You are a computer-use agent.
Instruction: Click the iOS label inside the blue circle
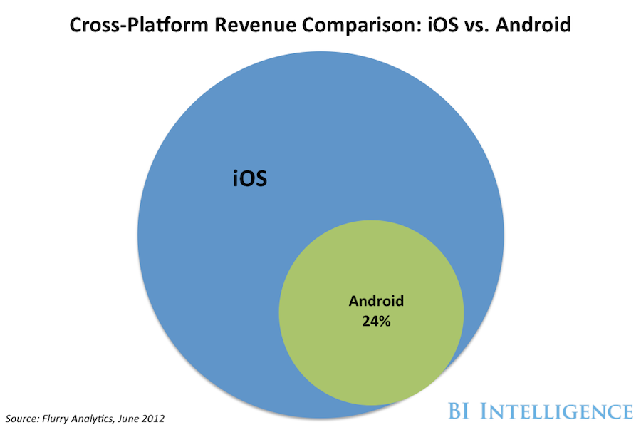point(250,178)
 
